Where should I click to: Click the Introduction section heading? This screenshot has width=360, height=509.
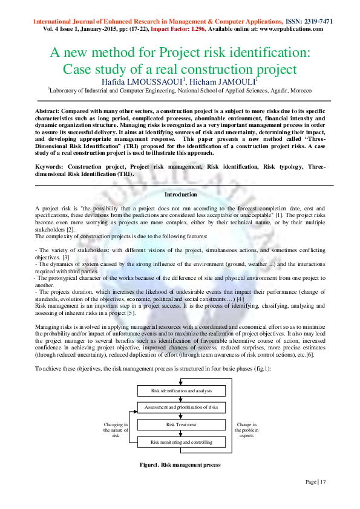[x=180, y=195]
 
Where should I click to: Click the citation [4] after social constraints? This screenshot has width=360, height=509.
[x=240, y=299]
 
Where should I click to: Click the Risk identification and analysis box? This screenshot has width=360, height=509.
[x=182, y=391]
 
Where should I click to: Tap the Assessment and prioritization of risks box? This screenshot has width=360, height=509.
[x=182, y=407]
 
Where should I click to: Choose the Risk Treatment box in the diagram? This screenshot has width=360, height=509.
[x=182, y=425]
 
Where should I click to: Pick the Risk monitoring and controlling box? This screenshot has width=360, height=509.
[x=182, y=442]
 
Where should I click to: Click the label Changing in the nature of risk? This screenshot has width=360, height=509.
[x=116, y=430]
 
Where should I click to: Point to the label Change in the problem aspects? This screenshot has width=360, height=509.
[x=247, y=430]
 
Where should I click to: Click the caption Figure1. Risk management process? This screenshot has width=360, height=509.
[x=180, y=465]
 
